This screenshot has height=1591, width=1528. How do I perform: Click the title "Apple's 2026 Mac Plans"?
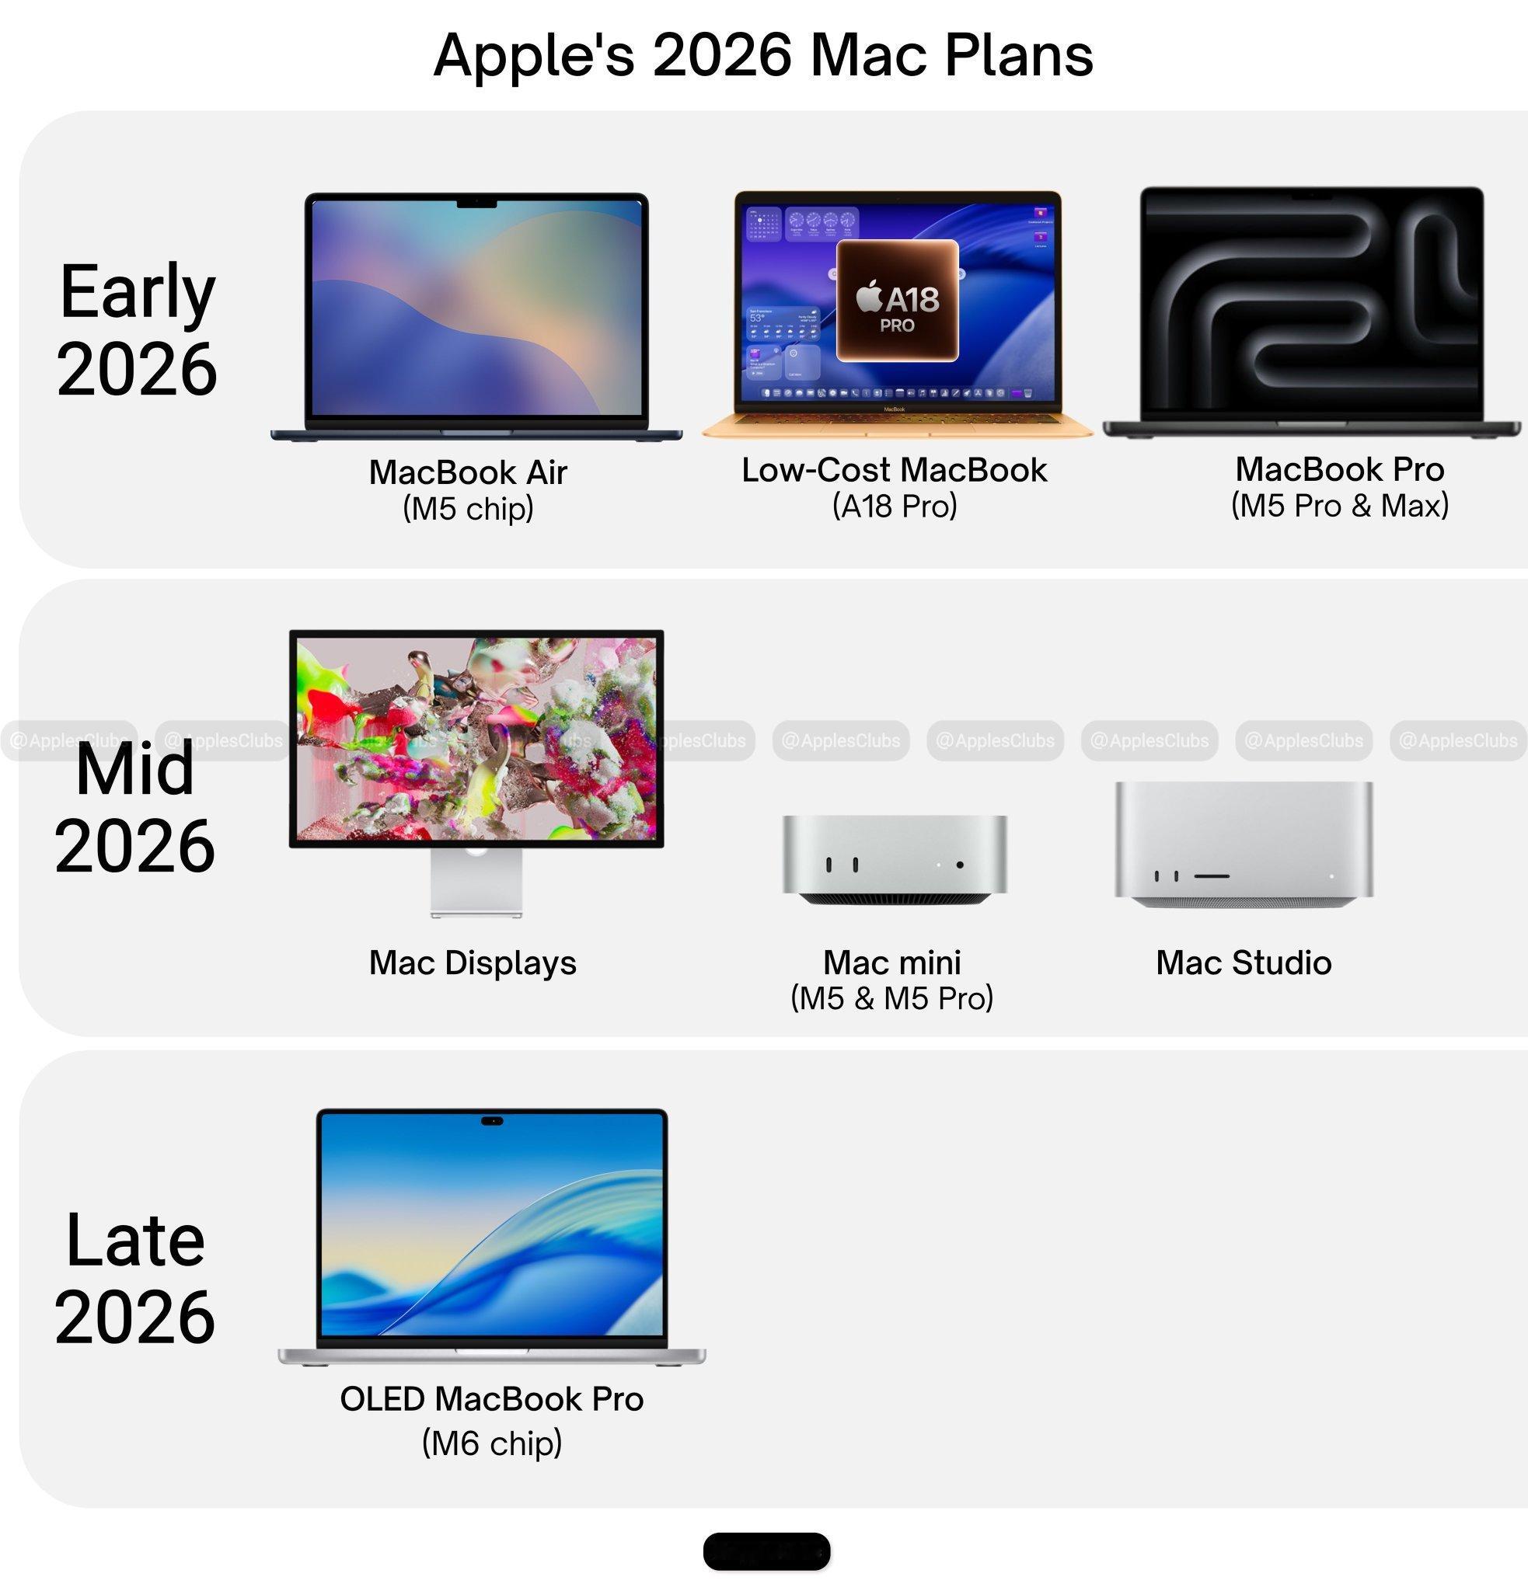[763, 55]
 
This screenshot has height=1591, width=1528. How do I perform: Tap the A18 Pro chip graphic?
[897, 301]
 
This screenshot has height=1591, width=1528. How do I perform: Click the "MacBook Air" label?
[468, 472]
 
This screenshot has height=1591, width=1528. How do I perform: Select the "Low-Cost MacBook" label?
[894, 470]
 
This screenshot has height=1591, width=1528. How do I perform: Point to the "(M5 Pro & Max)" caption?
[1340, 506]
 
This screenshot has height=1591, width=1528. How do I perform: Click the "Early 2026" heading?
[136, 329]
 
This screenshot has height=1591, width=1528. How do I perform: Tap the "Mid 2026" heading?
[134, 808]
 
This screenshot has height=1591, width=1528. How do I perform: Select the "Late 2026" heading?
[134, 1278]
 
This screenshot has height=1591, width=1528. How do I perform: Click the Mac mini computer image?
[894, 860]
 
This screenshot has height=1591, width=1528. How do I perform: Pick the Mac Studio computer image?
[1244, 844]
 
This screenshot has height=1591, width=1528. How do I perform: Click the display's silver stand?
[476, 883]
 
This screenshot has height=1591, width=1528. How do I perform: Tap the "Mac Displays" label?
[473, 963]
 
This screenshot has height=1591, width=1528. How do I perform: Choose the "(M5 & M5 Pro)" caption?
[891, 998]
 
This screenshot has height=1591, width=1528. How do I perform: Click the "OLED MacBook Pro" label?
[491, 1398]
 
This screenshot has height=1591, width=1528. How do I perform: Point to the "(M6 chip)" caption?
[491, 1443]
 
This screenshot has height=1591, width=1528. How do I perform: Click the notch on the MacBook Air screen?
[476, 202]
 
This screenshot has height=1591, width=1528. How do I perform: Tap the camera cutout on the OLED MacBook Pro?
[492, 1121]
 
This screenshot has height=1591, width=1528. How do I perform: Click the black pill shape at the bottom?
[766, 1552]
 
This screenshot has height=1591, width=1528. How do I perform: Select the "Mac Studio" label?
[1243, 963]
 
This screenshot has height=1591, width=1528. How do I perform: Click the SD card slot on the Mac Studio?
[1212, 876]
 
